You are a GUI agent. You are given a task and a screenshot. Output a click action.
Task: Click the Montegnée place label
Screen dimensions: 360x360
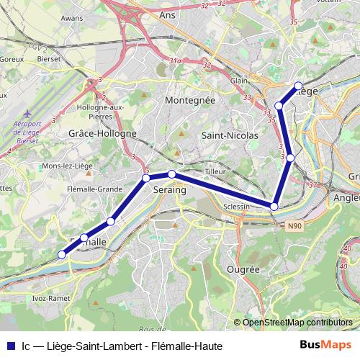[x=190, y=101]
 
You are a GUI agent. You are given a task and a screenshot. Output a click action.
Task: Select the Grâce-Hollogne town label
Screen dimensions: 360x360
[x=102, y=134]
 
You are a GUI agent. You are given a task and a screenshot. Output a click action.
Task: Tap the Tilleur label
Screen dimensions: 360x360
[x=215, y=171]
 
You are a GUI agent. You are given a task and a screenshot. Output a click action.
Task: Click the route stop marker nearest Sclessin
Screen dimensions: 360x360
[x=274, y=207]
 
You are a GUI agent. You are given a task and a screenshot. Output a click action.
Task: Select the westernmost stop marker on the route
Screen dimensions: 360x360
[x=62, y=253]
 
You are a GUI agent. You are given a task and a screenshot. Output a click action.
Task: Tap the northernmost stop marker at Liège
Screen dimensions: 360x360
[x=298, y=86]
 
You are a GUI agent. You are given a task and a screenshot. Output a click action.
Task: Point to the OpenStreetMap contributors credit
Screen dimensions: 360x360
[x=297, y=323]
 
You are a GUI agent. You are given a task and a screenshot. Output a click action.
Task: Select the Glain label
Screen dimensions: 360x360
[x=239, y=81]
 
